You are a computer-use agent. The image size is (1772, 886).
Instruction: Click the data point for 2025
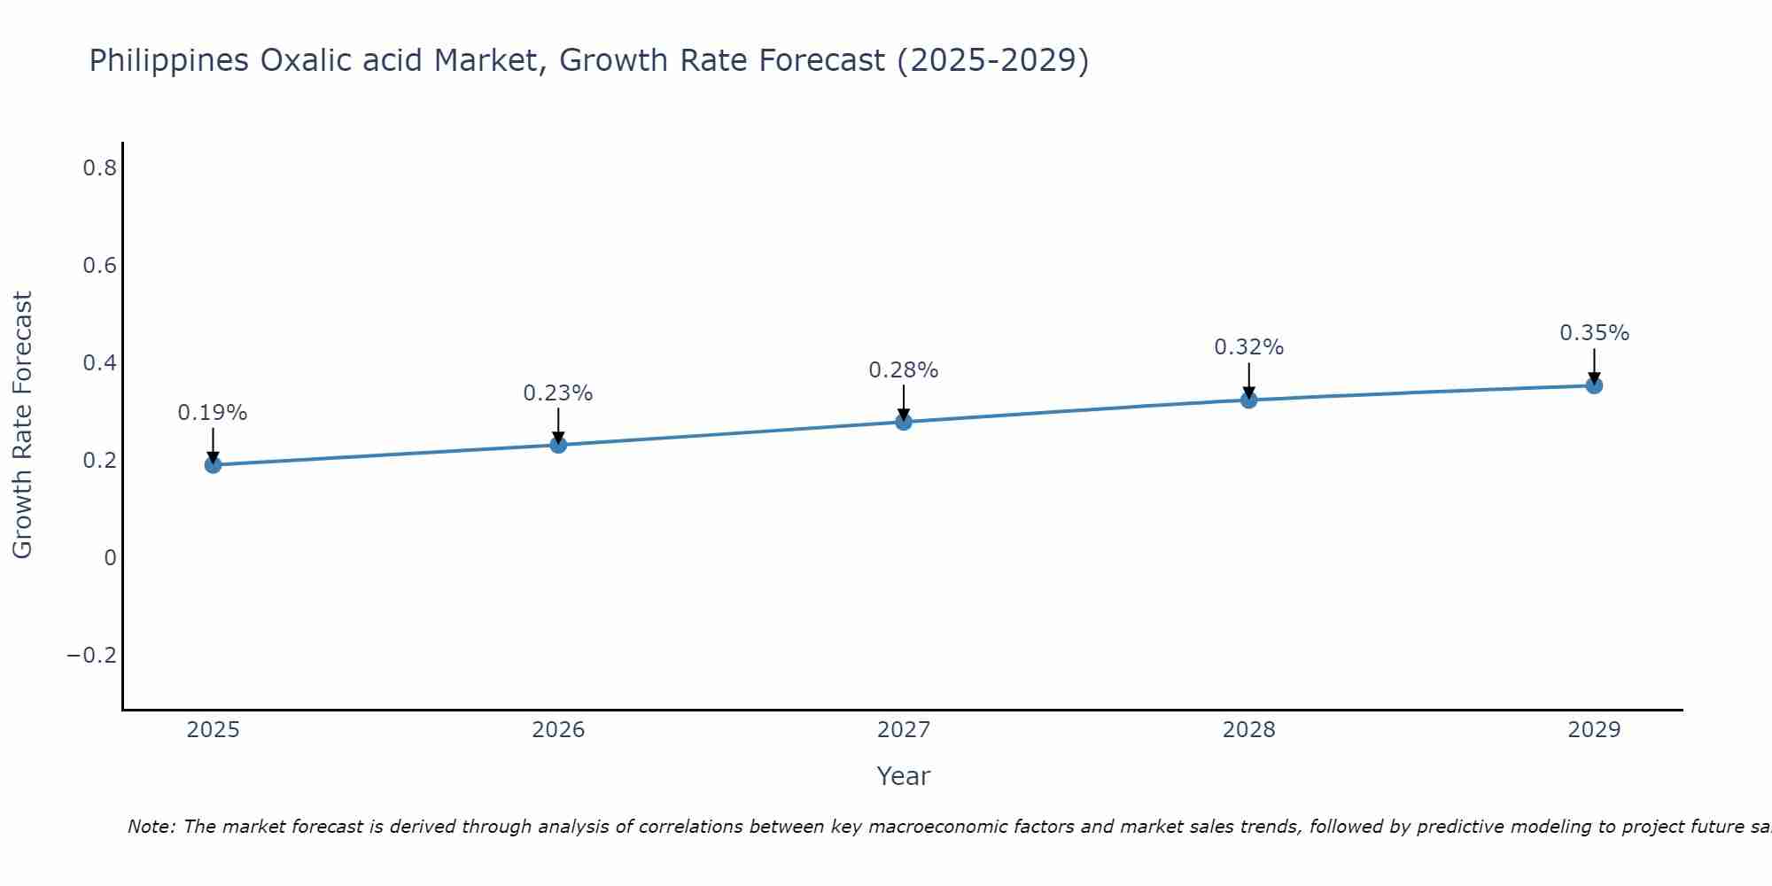[x=213, y=464]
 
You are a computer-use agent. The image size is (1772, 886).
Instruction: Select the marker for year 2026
[x=558, y=444]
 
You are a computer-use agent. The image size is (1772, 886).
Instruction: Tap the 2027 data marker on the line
[x=904, y=422]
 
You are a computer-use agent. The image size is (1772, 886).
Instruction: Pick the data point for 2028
[x=1248, y=400]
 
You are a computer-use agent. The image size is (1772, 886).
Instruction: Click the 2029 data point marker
[x=1594, y=385]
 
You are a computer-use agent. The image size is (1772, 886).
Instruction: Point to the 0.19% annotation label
[x=213, y=413]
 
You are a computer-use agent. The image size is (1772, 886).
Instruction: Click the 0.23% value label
[x=558, y=392]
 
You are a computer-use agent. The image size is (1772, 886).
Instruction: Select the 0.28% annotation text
[x=904, y=370]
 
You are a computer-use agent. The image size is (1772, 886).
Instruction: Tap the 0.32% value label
[x=1248, y=347]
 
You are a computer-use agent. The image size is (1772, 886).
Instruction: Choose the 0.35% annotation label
[x=1594, y=333]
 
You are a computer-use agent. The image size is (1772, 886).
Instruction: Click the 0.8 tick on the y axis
[x=99, y=167]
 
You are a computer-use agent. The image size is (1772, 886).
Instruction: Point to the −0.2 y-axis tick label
[x=92, y=655]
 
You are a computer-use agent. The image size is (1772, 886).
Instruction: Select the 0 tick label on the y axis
[x=110, y=557]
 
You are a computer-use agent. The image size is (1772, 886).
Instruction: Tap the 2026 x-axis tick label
[x=558, y=730]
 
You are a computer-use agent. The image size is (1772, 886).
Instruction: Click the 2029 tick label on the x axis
[x=1594, y=730]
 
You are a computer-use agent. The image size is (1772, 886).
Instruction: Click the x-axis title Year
[x=904, y=776]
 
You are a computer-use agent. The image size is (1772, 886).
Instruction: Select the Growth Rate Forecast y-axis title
[x=22, y=425]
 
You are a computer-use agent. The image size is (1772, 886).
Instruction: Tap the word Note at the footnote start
[x=151, y=827]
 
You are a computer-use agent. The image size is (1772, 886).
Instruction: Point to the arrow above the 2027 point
[x=904, y=402]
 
